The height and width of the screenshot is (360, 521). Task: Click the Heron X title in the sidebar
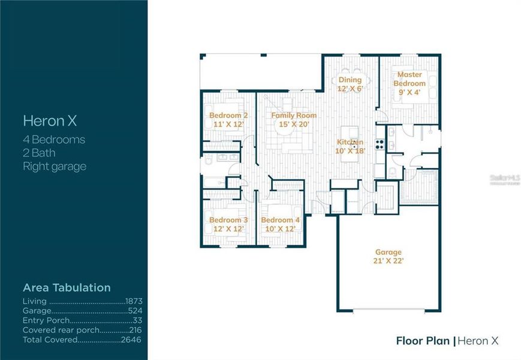[50, 121]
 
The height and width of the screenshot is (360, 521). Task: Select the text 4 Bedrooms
[54, 140]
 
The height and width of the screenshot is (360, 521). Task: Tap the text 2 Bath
[39, 153]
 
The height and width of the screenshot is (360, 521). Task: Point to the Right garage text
[55, 166]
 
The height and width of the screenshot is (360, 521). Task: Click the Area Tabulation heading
[67, 287]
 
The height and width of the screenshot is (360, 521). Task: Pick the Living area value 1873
[133, 301]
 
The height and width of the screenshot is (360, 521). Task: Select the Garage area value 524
[135, 311]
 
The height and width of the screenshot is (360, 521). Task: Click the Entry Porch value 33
[137, 321]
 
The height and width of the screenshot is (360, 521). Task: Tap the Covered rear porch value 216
[135, 330]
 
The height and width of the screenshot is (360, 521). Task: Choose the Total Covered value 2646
[132, 340]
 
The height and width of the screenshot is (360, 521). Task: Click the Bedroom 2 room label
[228, 115]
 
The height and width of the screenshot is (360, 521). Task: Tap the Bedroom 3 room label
[228, 220]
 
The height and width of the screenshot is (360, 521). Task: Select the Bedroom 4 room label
[281, 220]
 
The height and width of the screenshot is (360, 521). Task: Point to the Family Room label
[294, 115]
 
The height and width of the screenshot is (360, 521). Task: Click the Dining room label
[350, 80]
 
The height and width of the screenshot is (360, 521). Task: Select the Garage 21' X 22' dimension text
[389, 260]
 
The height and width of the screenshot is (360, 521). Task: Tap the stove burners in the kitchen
[380, 143]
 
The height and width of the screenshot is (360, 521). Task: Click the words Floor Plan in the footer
[423, 341]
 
